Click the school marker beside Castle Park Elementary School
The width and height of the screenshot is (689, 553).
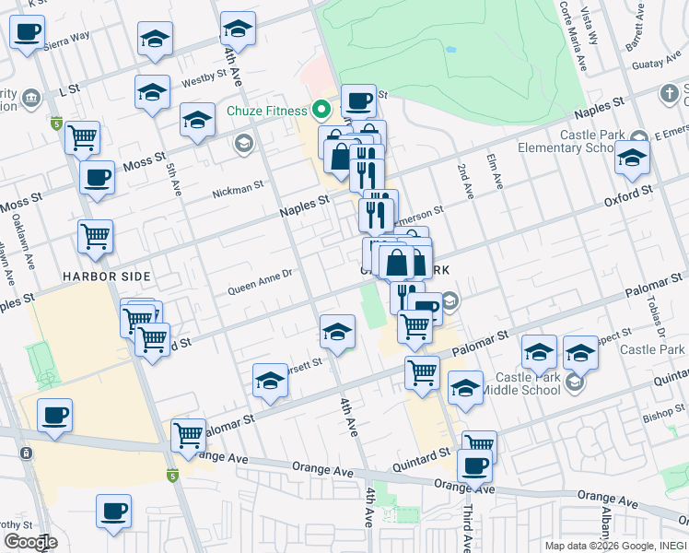point(632,159)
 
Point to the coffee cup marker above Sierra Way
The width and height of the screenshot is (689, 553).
point(27,34)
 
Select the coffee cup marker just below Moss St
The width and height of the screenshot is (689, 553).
point(97,178)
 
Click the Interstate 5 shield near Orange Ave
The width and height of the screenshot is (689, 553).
point(171,476)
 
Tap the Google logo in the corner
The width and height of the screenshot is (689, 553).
point(29,542)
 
